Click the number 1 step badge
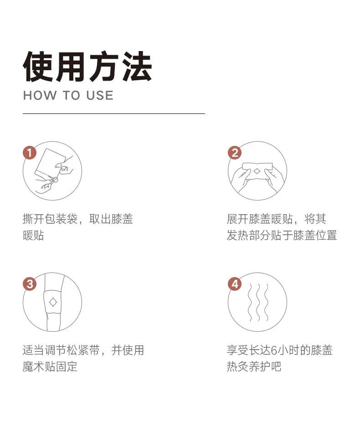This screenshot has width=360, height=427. pyautogui.click(x=30, y=153)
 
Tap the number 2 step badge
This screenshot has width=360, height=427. pyautogui.click(x=235, y=153)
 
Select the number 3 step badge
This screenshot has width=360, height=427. pyautogui.click(x=30, y=284)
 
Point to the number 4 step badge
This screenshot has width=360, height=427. pyautogui.click(x=235, y=284)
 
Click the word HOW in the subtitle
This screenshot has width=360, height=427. pyautogui.click(x=40, y=96)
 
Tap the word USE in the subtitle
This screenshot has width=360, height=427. pyautogui.click(x=100, y=96)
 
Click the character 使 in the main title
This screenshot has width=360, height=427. pyautogui.click(x=38, y=67)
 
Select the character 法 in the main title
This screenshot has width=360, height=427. pyautogui.click(x=136, y=67)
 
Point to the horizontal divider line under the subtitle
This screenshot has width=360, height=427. pyautogui.click(x=114, y=113)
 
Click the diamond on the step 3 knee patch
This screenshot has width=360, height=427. pyautogui.click(x=53, y=302)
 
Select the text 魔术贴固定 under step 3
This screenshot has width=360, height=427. pyautogui.click(x=50, y=366)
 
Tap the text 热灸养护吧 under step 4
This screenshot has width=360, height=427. pyautogui.click(x=254, y=366)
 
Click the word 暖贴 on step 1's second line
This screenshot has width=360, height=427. pyautogui.click(x=34, y=235)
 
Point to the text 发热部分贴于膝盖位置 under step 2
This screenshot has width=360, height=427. pyautogui.click(x=282, y=235)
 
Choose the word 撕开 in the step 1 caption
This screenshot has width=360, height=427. pyautogui.click(x=34, y=219)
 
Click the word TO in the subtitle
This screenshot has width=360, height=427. pyautogui.click(x=72, y=96)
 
